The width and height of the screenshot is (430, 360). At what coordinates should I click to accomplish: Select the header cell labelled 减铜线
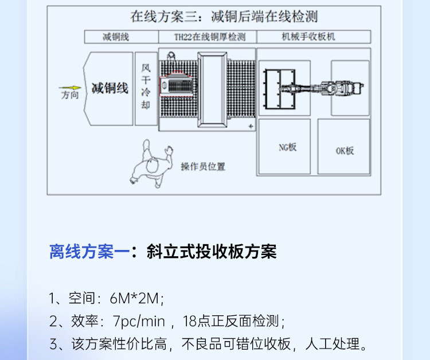116,37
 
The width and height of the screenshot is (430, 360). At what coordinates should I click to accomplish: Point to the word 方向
69,96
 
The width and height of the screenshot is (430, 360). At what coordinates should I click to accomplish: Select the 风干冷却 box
146,89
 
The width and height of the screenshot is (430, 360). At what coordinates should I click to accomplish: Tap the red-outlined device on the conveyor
178,88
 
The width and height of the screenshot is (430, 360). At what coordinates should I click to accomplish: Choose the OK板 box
345,150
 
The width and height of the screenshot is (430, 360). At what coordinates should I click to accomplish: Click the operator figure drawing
151,163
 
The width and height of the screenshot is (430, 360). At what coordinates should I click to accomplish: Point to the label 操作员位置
203,167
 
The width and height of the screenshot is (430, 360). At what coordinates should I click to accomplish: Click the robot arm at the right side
338,88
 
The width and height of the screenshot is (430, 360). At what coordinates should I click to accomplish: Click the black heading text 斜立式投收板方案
212,252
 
